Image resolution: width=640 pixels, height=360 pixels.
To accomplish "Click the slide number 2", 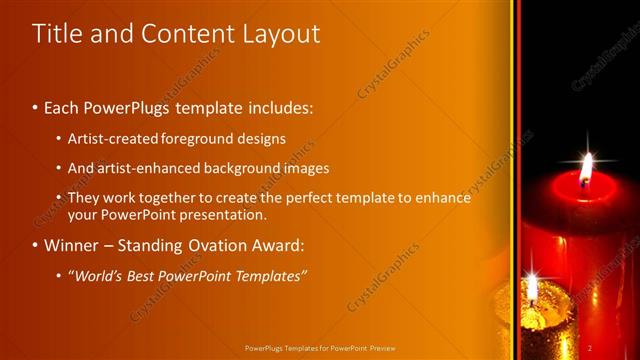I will (x=590, y=348).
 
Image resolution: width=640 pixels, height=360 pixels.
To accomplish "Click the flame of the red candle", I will (x=585, y=168).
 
